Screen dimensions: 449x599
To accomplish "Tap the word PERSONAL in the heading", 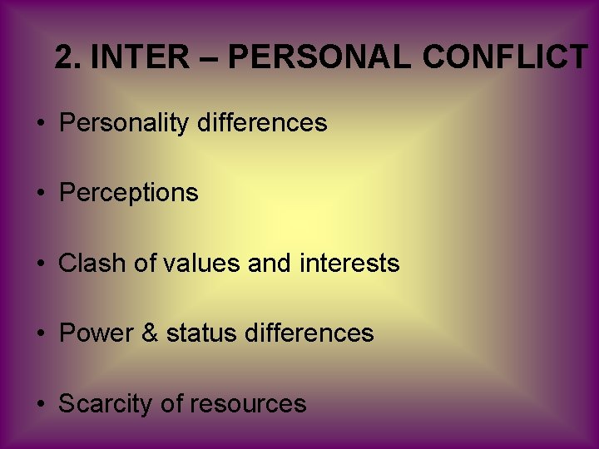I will point(319,57).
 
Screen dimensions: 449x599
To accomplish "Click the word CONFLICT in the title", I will point(504,57).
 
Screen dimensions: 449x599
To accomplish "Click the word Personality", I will point(125,124).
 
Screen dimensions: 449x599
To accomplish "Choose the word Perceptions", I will point(129,194).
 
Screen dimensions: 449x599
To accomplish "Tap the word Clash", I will point(90,264).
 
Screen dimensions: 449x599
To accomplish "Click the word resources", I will point(248,405).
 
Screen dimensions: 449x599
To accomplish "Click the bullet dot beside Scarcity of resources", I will point(41,405).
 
